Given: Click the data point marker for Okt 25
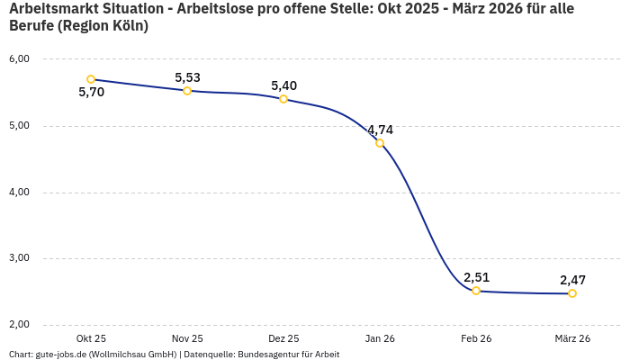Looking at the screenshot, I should click(x=91, y=79).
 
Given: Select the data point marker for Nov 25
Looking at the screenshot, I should click(x=187, y=91).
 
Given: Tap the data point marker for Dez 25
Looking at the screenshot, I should click(x=283, y=99).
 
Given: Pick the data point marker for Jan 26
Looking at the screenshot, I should click(x=380, y=143).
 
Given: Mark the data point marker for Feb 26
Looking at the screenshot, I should click(x=476, y=291).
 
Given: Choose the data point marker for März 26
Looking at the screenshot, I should click(x=572, y=293).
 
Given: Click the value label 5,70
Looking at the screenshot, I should click(x=91, y=93).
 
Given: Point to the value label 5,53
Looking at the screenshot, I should click(x=187, y=77).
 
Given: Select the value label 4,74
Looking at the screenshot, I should click(x=380, y=130).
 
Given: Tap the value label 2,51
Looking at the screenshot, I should click(x=476, y=277).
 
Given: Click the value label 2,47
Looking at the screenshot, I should click(x=572, y=280).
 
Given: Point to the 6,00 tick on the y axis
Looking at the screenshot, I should click(x=19, y=59).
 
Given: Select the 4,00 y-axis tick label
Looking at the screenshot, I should click(x=19, y=193).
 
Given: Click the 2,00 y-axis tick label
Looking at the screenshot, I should click(x=19, y=325).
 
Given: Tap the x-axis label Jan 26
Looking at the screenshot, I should click(x=380, y=338).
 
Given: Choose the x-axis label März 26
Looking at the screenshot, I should click(x=572, y=338).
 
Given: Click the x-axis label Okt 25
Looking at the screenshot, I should click(x=91, y=338).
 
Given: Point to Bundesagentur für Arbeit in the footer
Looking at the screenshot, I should click(x=288, y=355).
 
